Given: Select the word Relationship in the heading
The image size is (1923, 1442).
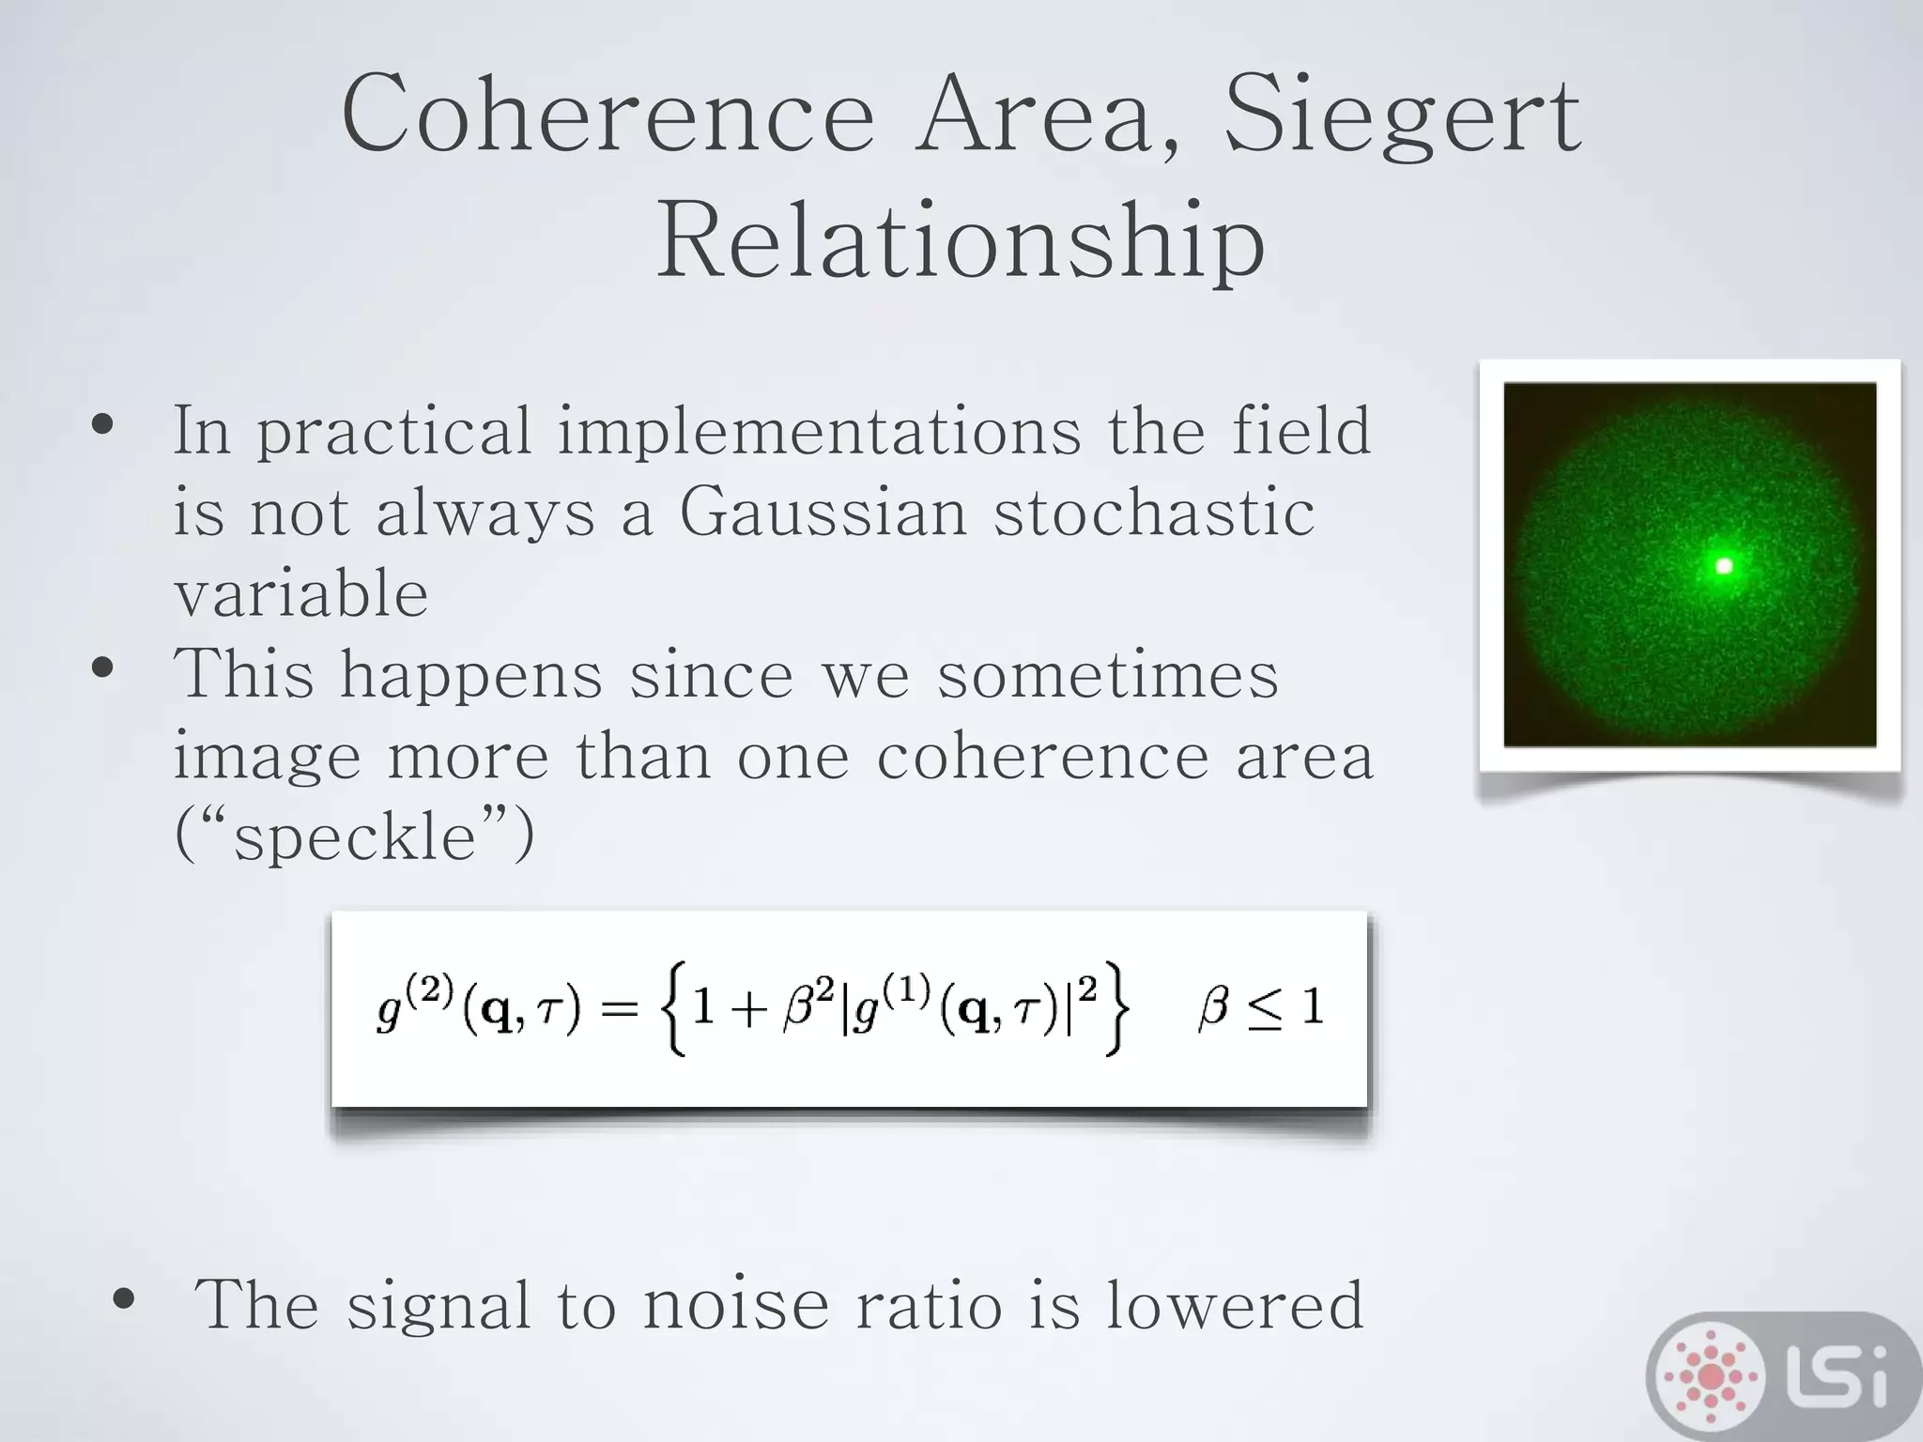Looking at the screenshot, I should pos(961,242).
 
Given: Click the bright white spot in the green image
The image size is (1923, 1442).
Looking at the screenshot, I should pos(1724,565).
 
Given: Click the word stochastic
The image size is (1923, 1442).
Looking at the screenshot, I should pos(1154,514).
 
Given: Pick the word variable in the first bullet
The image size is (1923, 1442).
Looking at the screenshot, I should pos(301,593).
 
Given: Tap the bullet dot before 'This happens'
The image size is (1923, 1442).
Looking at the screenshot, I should pos(103,669).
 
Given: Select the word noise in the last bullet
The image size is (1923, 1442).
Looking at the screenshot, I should pos(736,1305).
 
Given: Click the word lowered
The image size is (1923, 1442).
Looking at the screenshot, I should pos(1234,1305).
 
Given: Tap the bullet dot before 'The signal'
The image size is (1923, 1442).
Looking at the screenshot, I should pos(124,1300).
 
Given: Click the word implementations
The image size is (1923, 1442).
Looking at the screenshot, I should pos(819,432).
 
